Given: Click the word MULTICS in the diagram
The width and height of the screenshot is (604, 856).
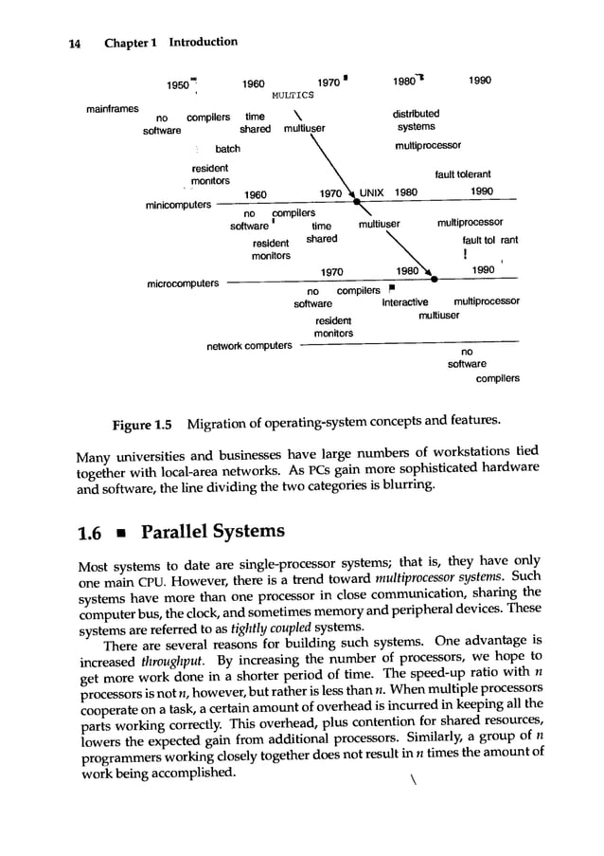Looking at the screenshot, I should (x=292, y=96).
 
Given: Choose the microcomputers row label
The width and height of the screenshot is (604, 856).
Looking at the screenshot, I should (x=184, y=282).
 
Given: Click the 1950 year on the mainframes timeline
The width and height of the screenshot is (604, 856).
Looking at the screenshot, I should (x=179, y=84).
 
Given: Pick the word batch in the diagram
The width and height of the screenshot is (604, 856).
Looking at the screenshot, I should (x=228, y=149).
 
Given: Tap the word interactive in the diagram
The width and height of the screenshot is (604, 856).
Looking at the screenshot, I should (x=404, y=302).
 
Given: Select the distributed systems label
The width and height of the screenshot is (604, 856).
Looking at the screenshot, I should (x=416, y=120).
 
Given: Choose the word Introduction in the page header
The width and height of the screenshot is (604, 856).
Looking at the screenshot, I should (x=203, y=43).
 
